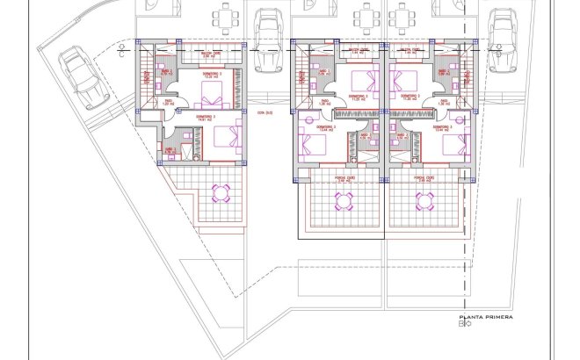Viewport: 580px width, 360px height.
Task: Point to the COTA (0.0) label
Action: (265, 112)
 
